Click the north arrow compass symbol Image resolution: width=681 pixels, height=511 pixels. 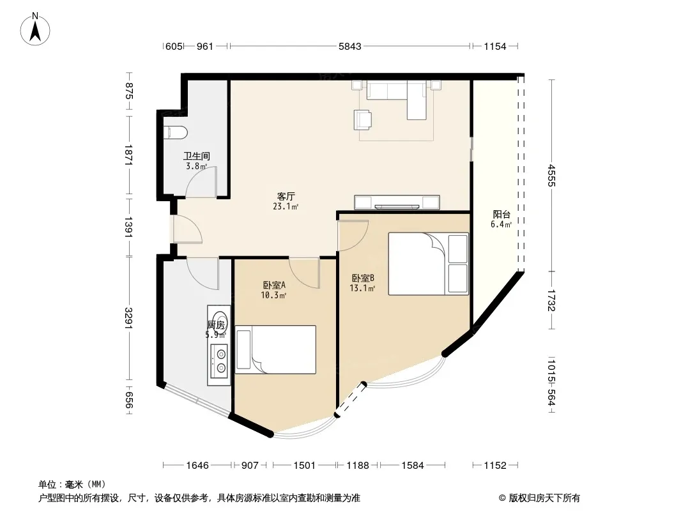(x=35, y=29)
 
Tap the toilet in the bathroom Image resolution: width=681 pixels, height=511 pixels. (x=176, y=132)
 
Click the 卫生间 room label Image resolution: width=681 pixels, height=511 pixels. (x=197, y=156)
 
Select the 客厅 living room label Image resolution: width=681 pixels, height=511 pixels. (x=286, y=196)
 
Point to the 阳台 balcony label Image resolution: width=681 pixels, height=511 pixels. (x=501, y=214)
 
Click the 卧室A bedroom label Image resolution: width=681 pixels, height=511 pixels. (x=274, y=286)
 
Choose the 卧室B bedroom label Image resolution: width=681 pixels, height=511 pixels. (x=363, y=278)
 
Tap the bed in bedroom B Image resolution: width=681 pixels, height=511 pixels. (x=429, y=264)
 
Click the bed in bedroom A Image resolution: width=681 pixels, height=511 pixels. (x=275, y=349)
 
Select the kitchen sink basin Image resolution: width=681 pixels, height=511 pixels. (x=219, y=320)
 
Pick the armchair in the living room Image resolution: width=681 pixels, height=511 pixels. (x=363, y=119)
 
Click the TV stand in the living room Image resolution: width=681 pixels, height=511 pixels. (x=397, y=202)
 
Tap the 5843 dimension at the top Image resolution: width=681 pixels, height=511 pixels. (x=349, y=46)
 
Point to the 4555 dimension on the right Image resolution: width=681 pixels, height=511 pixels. (x=551, y=175)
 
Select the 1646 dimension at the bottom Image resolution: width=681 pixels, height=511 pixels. (x=197, y=466)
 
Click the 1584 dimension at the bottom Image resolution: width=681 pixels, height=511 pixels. (x=412, y=466)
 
